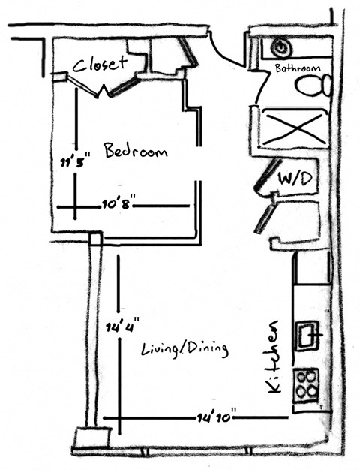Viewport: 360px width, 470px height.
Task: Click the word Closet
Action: pyautogui.click(x=100, y=65)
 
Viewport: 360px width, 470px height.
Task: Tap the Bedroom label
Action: pyautogui.click(x=136, y=152)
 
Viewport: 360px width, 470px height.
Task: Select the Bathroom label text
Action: pyautogui.click(x=298, y=68)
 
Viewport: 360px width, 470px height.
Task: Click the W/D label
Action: pyautogui.click(x=294, y=179)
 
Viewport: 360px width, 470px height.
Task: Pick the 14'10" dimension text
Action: pyautogui.click(x=217, y=414)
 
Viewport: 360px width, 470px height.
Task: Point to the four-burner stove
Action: pyautogui.click(x=306, y=384)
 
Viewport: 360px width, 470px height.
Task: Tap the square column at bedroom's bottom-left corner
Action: pyautogui.click(x=94, y=239)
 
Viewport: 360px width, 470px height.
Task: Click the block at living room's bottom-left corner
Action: pyautogui.click(x=92, y=438)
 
